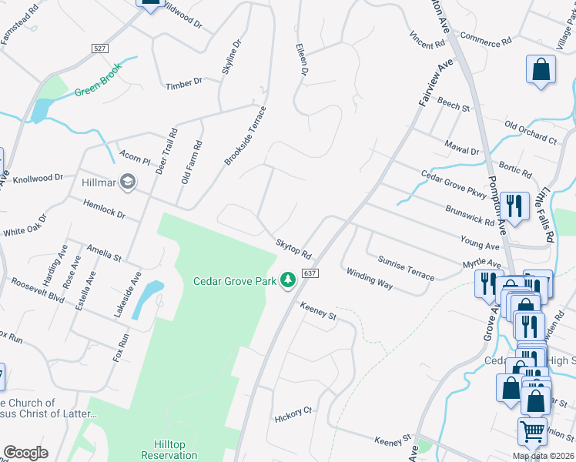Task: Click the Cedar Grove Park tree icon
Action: (289, 280)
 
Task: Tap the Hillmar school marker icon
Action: (128, 183)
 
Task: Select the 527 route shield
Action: (99, 49)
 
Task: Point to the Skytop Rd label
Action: (294, 249)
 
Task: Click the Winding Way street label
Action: (370, 279)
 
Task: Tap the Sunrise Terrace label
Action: (406, 266)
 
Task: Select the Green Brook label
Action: (99, 87)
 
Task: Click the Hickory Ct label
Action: (293, 416)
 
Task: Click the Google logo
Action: (25, 453)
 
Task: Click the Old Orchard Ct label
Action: (531, 132)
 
